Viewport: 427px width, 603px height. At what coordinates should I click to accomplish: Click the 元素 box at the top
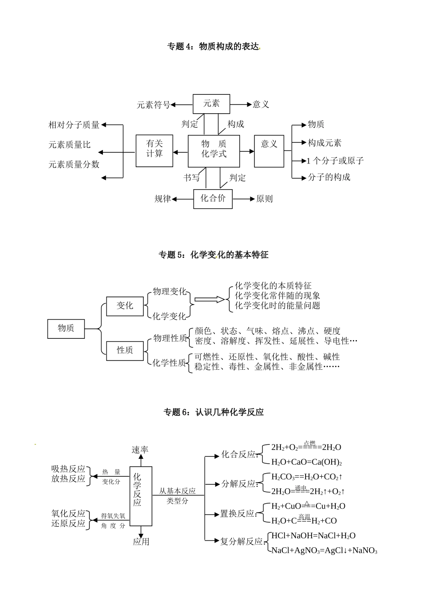tap(211, 104)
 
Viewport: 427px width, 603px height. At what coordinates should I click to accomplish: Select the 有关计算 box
tap(154, 151)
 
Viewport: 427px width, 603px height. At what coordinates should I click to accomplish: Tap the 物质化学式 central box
tap(214, 151)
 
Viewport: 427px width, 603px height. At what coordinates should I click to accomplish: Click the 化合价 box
tap(213, 199)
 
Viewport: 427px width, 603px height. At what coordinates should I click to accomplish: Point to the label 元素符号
tap(153, 105)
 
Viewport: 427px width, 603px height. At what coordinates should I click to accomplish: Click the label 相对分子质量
tap(74, 125)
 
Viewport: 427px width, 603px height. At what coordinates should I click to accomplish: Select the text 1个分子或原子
tap(335, 160)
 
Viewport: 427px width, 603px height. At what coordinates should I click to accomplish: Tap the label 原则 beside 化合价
tap(264, 199)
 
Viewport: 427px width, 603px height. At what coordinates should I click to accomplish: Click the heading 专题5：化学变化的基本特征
tap(213, 255)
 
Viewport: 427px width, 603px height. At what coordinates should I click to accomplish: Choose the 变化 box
tap(125, 306)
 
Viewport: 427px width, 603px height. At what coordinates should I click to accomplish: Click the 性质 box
tap(125, 350)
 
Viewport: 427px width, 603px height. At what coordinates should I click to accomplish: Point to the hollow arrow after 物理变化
tap(209, 299)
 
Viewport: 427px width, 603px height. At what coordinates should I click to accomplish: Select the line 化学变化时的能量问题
tap(277, 306)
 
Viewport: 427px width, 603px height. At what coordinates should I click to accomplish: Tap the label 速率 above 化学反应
tap(140, 449)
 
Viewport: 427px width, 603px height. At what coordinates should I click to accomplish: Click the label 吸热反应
tap(68, 469)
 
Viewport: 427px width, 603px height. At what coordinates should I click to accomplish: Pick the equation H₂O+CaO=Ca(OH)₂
tap(307, 462)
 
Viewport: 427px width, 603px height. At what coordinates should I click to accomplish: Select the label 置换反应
tap(237, 514)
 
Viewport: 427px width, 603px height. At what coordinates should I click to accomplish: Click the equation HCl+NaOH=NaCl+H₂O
tap(313, 536)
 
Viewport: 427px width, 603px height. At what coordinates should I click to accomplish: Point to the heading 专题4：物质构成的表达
tap(213, 46)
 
